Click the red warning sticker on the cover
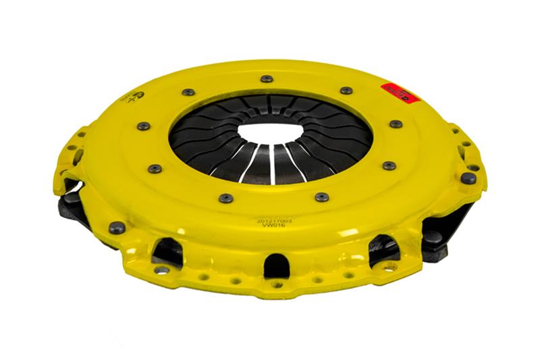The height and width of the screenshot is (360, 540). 400,93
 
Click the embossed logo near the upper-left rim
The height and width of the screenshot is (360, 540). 133,97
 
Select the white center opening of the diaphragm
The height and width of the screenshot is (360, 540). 270,132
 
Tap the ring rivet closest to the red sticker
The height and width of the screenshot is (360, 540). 346,91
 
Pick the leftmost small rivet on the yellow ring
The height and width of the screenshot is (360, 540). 142,126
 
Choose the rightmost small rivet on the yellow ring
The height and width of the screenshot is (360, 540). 396,124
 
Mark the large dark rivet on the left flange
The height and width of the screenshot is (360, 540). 117,228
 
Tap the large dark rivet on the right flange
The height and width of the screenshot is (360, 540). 468,178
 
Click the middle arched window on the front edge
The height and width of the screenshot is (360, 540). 277,265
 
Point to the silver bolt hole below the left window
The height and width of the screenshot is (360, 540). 161,269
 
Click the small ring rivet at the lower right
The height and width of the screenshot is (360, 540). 389,165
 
